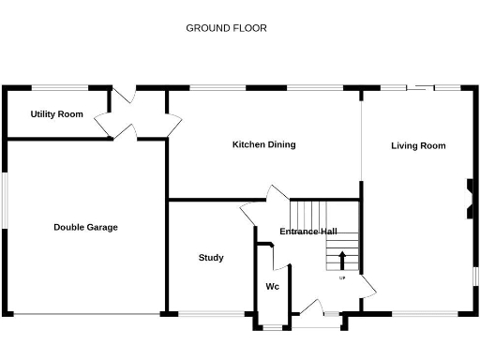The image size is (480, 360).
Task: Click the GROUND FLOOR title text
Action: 226,28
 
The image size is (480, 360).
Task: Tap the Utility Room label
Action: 56,114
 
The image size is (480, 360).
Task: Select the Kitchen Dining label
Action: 263,144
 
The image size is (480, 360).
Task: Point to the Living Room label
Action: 418,145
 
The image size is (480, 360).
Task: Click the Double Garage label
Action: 85,227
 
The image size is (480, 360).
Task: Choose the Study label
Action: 211,257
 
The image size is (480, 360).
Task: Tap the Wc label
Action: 272,286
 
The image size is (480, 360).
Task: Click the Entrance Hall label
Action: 308,232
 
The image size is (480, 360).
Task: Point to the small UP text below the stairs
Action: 341,277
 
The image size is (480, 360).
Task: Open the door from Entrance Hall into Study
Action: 251,216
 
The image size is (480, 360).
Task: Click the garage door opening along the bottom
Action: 86,313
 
